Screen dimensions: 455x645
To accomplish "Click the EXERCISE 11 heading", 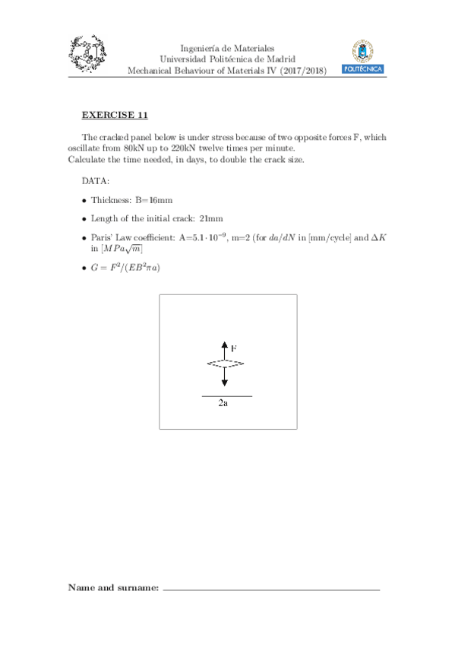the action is pos(115,115).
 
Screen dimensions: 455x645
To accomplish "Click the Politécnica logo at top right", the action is pos(363,58).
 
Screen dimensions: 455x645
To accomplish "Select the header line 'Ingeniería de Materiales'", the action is pos(227,47).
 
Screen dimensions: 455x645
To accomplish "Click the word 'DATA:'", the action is pos(95,181).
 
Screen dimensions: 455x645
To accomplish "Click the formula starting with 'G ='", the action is pos(125,268).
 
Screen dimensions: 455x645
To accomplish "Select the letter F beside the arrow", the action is pos(235,347).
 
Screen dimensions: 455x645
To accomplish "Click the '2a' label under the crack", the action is pos(223,405).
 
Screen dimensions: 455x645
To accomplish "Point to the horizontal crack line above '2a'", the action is pos(226,396).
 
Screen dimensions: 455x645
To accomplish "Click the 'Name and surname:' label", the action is pos(113,587).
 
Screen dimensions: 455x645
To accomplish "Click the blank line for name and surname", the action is pos(271,589).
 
